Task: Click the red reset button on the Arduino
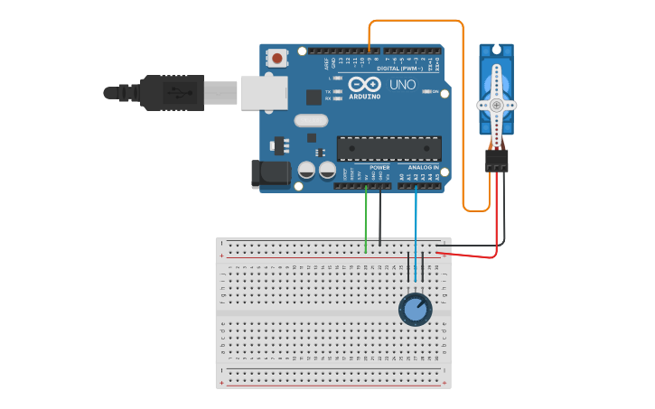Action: coord(277,59)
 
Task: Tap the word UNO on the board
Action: coord(402,84)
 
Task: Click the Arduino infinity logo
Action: coord(364,84)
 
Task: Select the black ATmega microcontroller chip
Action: coord(388,149)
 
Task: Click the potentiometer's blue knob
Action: coord(415,310)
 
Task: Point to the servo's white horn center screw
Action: coord(496,105)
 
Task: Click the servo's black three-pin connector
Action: coord(496,161)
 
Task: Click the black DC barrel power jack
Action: coord(269,174)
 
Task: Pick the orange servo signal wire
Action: coord(463,108)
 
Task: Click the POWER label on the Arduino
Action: coord(379,167)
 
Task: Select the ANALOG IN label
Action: coord(423,167)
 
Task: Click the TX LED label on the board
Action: coord(328,91)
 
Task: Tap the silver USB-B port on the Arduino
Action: coord(263,92)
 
